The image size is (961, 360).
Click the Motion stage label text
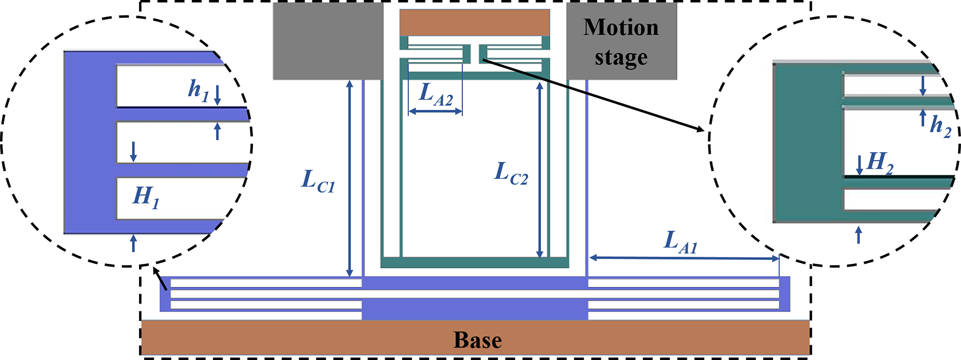[x=621, y=42]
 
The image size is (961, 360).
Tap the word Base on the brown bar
[x=477, y=340]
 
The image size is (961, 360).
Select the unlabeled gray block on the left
[x=328, y=41]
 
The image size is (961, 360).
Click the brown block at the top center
[x=475, y=22]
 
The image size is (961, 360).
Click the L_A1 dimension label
[x=680, y=242]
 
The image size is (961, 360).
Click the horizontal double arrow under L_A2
[x=435, y=112]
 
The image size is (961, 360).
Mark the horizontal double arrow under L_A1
[x=683, y=258]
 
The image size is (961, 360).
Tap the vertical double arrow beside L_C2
[x=539, y=170]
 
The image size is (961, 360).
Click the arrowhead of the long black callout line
[x=701, y=130]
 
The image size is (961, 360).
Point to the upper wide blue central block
[x=475, y=283]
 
